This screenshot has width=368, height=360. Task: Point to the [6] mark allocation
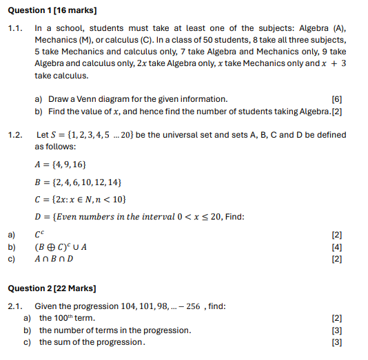pos(336,99)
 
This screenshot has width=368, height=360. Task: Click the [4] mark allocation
pos(336,247)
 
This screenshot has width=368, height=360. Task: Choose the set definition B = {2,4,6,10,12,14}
pos(79,182)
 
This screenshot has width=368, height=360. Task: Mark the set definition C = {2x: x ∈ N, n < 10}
pos(81,200)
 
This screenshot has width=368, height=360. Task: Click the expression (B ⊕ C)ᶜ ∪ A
pos(61,247)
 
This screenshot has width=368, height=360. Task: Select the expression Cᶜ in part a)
pos(39,235)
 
